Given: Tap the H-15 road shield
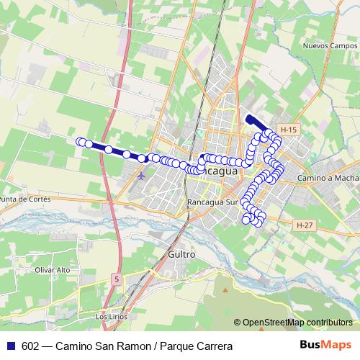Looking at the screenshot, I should [x=289, y=130].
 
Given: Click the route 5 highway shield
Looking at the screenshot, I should [x=117, y=278].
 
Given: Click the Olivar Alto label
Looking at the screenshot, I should [x=53, y=269].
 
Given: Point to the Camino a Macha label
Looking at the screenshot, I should [x=328, y=177].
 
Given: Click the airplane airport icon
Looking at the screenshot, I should [x=141, y=174].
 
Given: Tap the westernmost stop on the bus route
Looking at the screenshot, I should [x=81, y=141].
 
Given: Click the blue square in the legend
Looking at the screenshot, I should [x=12, y=346].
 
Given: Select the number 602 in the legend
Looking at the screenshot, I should [x=31, y=346].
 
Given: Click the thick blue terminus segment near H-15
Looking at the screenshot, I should [x=255, y=124].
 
